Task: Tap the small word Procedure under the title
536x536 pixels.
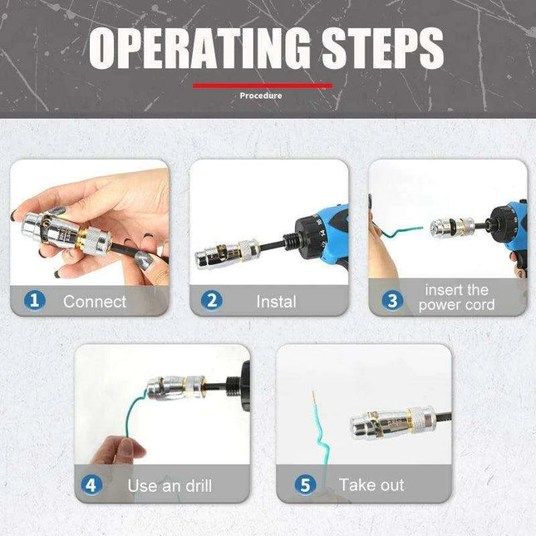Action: click(261, 96)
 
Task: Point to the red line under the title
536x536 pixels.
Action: click(262, 85)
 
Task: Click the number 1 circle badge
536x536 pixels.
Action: click(34, 300)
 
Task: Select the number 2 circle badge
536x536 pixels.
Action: click(211, 300)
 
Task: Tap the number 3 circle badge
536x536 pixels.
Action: click(391, 300)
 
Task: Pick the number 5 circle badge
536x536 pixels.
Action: click(307, 484)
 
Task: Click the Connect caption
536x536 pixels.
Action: click(95, 301)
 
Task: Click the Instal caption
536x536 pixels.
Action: click(275, 301)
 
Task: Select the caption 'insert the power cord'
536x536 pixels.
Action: click(456, 298)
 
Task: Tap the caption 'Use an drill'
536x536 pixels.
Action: click(170, 485)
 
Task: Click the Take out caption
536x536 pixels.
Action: click(371, 484)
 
